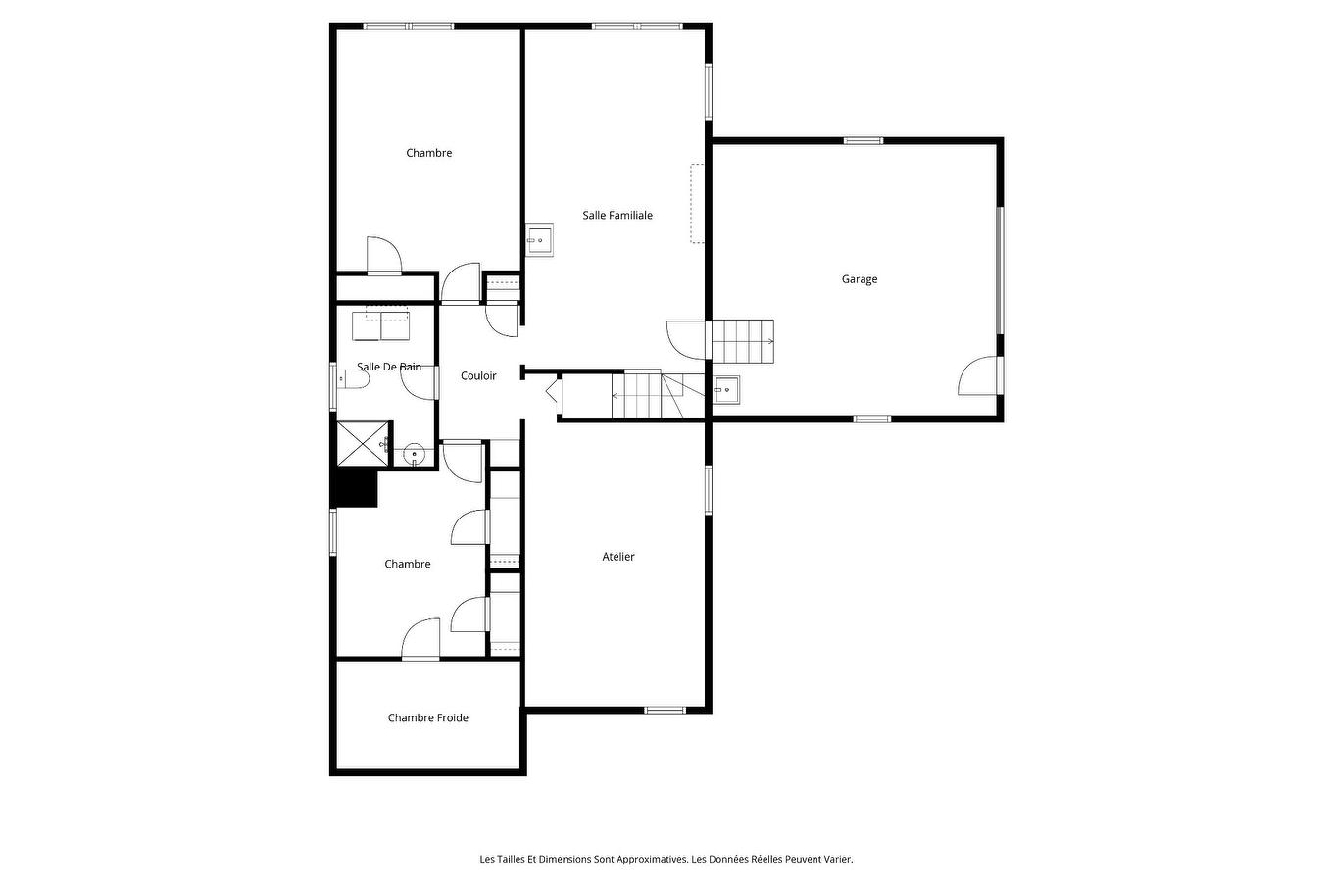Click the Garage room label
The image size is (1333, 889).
coord(859,279)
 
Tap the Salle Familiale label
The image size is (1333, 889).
coord(617,216)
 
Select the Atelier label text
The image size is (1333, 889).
coord(617,557)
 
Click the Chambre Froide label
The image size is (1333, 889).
coord(427,718)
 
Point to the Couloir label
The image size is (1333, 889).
coord(478,376)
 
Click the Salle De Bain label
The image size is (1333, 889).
coord(388,367)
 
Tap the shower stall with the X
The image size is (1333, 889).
coord(362,444)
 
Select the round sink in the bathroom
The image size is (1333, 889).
coord(415,454)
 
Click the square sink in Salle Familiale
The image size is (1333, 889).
coord(539,239)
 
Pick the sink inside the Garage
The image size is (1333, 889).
coord(725,390)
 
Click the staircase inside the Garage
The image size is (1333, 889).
coord(742,340)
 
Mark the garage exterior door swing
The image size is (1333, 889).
coord(980,376)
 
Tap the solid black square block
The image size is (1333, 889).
coord(357,488)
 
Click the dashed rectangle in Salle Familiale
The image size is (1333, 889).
coord(697,204)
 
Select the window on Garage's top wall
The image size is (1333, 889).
coord(864,141)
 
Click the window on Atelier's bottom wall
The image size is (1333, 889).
coord(665,710)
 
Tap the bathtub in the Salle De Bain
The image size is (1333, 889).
coord(380,323)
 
